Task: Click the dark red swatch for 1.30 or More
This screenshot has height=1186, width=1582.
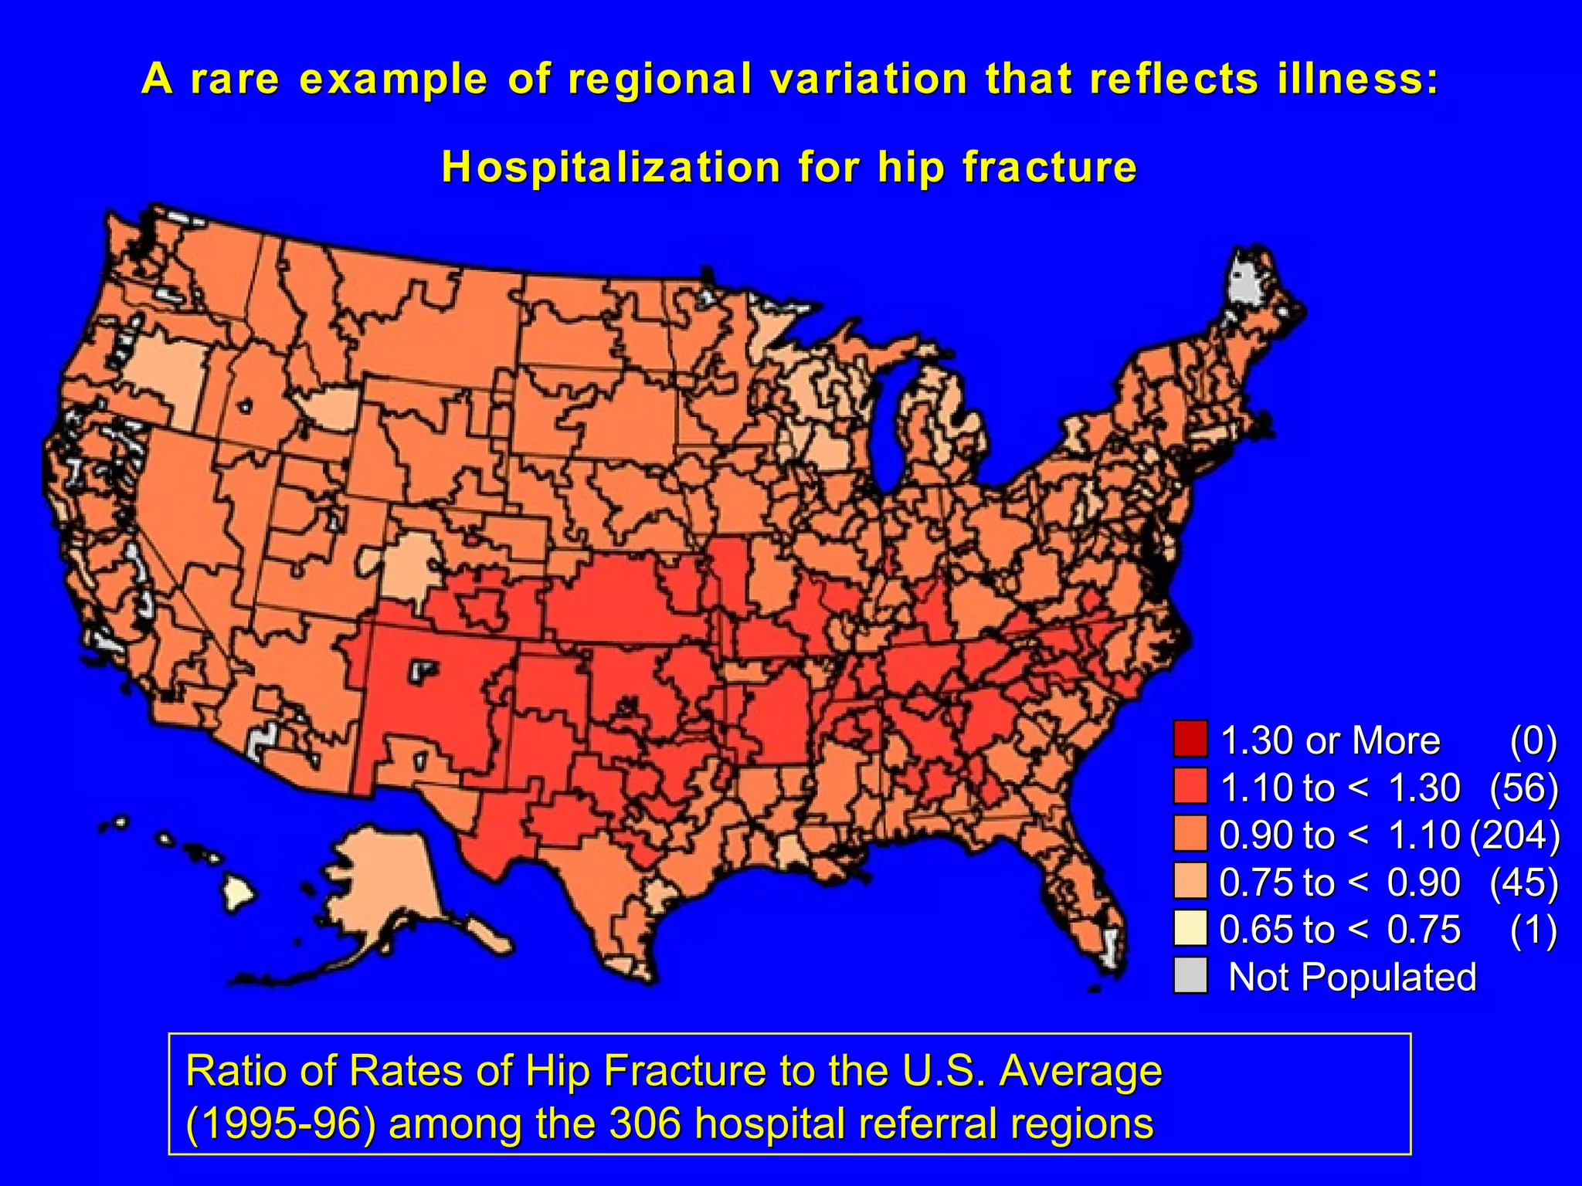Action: coord(1190,740)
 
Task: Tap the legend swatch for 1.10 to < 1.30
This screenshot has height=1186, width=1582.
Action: coord(1190,787)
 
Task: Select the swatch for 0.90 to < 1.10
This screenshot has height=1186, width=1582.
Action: coord(1190,834)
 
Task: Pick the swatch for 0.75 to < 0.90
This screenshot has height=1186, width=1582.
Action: coord(1190,882)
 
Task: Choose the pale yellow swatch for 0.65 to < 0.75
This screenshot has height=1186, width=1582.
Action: coord(1190,929)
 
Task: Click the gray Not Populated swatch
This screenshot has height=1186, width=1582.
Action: coord(1190,976)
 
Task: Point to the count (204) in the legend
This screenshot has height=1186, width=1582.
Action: coord(1515,835)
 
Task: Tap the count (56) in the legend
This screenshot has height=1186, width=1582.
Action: coord(1523,788)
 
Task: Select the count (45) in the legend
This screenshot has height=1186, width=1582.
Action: coord(1523,882)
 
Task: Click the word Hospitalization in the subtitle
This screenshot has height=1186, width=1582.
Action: coord(611,167)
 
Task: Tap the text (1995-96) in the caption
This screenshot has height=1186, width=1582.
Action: coord(280,1123)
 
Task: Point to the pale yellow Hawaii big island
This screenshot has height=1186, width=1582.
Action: coord(238,893)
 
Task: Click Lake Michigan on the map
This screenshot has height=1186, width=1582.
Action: coord(895,432)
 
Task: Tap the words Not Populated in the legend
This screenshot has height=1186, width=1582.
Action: coord(1352,977)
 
